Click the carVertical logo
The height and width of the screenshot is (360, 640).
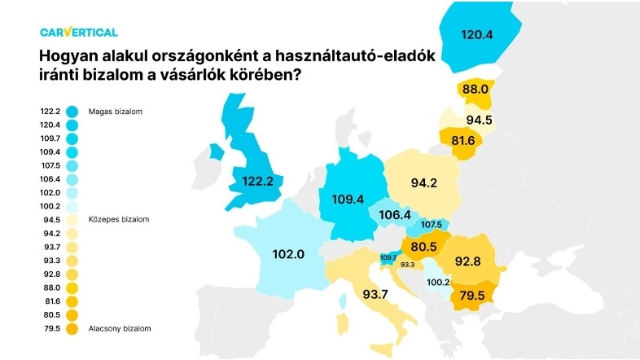pos(78,32)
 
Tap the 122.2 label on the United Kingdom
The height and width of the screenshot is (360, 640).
pos(257,181)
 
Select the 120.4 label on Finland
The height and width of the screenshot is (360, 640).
pos(478,35)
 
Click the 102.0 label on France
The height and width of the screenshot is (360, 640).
pos(288,254)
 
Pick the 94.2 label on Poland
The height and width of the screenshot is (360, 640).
pos(424,183)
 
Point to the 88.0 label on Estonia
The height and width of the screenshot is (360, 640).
pos(473,89)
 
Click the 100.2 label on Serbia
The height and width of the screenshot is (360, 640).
pos(438,282)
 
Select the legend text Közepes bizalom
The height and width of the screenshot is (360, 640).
pos(121,220)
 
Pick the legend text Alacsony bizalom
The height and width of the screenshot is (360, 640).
pos(122,328)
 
